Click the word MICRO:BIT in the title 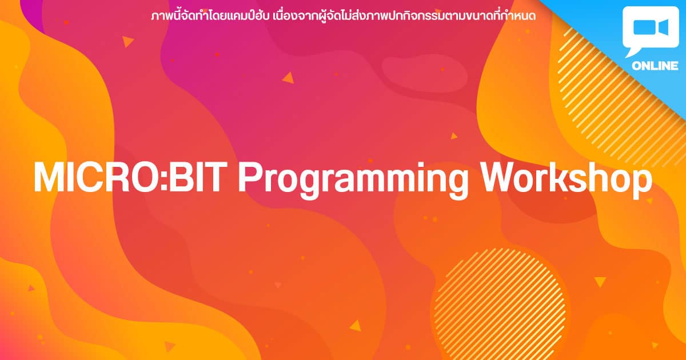point(130,177)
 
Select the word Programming point(353,181)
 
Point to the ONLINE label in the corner point(655,66)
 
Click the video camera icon point(651,27)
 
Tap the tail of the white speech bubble point(632,52)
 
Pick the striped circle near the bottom point(500,306)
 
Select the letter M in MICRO point(49,178)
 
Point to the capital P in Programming point(250,178)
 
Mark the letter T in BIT point(215,178)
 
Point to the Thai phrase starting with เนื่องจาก point(404,17)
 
